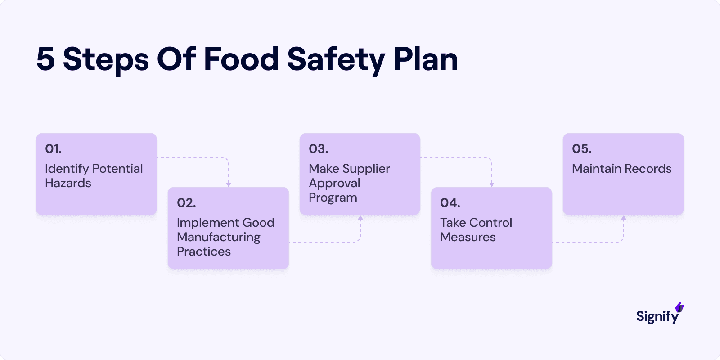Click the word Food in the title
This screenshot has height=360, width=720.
[242, 59]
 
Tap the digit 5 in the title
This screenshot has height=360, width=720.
[45, 59]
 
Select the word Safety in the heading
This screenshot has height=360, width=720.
[336, 60]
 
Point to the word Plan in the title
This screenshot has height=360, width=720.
[426, 59]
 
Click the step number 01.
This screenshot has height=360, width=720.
[53, 149]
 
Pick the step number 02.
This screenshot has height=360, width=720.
[186, 203]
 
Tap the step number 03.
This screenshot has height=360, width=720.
[318, 149]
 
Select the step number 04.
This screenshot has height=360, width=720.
[450, 203]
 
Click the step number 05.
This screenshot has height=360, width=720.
[581, 149]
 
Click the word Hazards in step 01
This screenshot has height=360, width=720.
[68, 183]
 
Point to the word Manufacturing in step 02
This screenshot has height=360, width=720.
[219, 237]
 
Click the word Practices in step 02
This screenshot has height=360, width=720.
[204, 252]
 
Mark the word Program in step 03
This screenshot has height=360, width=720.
[333, 198]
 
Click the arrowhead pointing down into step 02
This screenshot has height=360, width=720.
[229, 184]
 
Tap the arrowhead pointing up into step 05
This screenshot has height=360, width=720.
[624, 218]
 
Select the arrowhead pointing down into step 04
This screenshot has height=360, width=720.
[492, 184]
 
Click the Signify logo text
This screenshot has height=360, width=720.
[657, 316]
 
